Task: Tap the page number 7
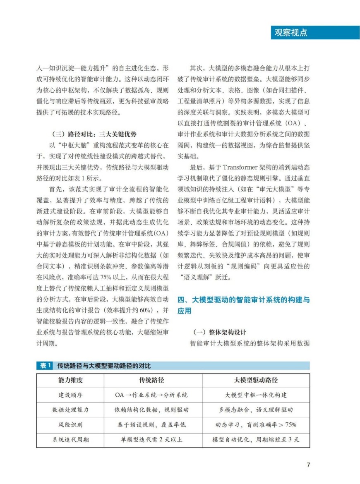click(x=308, y=464)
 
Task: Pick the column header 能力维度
click(x=70, y=380)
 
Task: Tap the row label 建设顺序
click(x=70, y=395)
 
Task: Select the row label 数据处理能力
click(x=70, y=410)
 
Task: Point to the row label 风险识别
click(x=70, y=424)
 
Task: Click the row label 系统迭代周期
click(x=70, y=439)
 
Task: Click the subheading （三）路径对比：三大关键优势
click(x=95, y=134)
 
